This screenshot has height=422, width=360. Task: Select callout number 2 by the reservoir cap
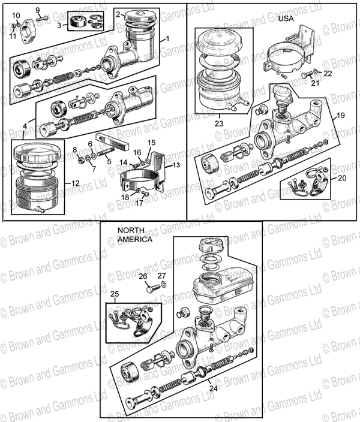118,14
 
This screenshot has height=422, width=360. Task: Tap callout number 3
59,26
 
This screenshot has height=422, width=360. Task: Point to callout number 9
37,10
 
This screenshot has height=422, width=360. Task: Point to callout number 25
115,293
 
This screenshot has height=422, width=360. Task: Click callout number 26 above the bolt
143,276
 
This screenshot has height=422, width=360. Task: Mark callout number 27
161,276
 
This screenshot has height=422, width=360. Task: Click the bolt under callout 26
150,289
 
